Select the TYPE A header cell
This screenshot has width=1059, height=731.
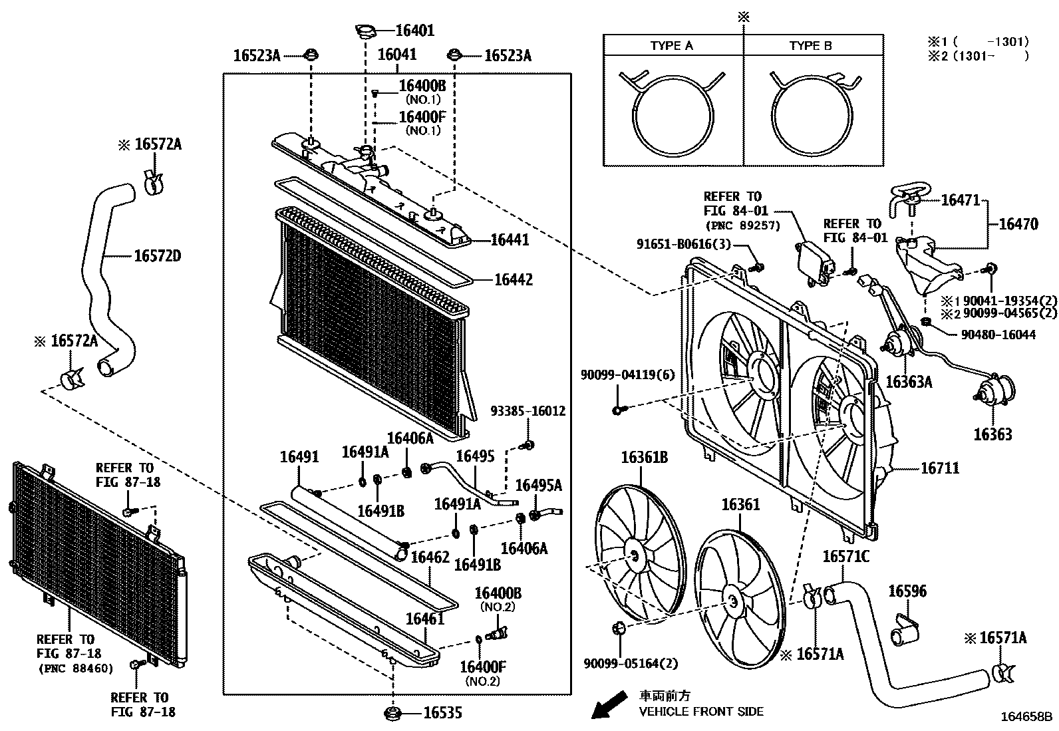tap(671, 46)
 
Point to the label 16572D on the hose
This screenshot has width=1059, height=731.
tap(158, 256)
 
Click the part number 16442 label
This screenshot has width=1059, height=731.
tap(513, 280)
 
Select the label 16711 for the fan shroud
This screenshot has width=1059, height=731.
tap(939, 468)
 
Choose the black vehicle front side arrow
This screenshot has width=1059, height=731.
tap(609, 706)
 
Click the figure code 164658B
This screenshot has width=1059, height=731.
tap(1028, 717)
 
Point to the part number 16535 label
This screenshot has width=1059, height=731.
tap(443, 714)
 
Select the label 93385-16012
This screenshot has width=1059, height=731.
tap(528, 412)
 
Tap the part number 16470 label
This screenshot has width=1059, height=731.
tap(1018, 225)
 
